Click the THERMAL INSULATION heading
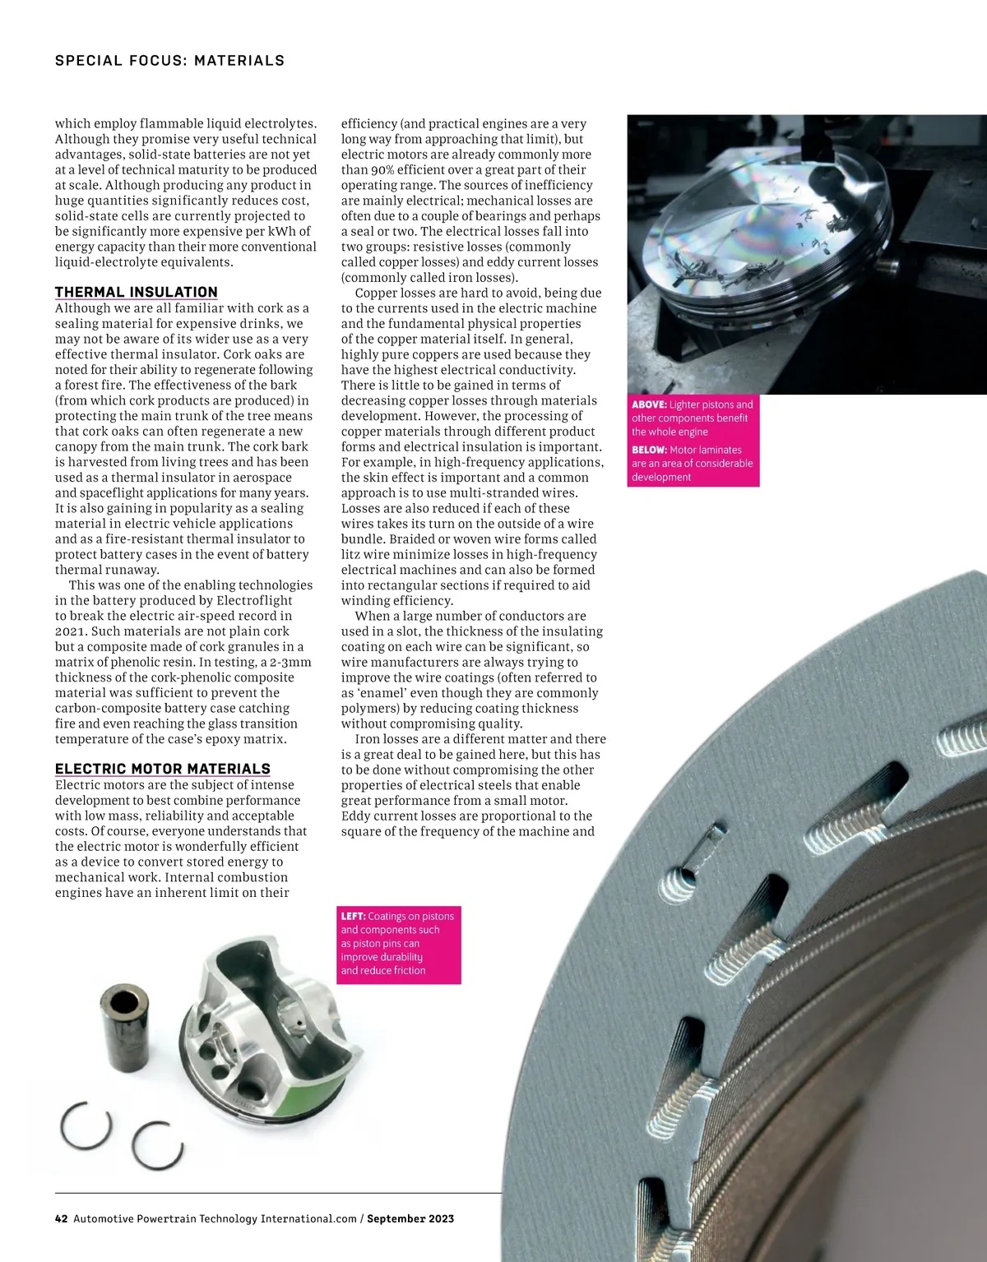point(137,292)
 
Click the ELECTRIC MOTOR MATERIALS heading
point(163,769)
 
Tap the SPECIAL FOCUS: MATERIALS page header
point(169,60)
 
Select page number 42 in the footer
point(61,1218)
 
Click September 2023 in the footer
point(410,1218)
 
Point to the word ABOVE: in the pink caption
point(649,404)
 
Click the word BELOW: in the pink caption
point(649,450)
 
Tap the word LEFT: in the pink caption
point(353,916)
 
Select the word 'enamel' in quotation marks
point(371,693)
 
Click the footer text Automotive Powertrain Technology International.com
point(215,1218)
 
